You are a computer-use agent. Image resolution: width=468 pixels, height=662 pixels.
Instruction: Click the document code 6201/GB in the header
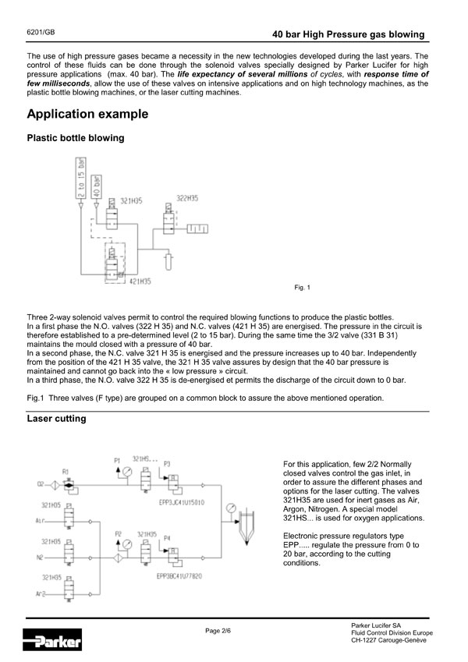[40, 34]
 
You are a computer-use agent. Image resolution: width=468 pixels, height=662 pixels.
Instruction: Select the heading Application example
[87, 115]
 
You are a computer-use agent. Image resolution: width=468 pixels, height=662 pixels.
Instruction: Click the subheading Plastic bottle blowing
[75, 139]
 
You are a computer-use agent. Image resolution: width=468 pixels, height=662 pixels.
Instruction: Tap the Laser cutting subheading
[57, 419]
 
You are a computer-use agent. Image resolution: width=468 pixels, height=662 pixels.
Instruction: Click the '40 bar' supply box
[97, 186]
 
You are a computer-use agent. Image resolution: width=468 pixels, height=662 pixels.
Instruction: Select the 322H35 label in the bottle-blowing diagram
[187, 199]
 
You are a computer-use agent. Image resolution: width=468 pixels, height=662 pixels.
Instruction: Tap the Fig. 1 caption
[303, 289]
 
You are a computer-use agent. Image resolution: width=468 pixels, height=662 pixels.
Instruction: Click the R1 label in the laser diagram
[66, 473]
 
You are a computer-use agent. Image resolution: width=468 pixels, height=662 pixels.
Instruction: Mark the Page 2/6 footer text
[218, 629]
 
